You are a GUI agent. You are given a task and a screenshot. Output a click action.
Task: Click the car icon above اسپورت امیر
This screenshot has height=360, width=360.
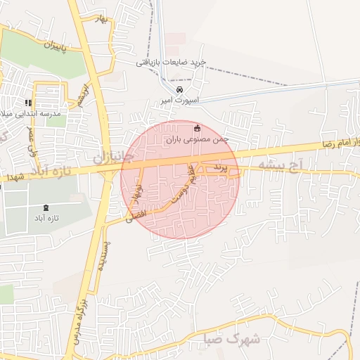179,89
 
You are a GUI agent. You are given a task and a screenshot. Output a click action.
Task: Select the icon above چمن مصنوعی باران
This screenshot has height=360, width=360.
196,128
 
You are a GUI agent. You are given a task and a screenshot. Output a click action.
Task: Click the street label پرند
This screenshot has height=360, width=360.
221,167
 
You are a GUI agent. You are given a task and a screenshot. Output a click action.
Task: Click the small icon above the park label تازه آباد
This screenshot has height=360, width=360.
46,207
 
